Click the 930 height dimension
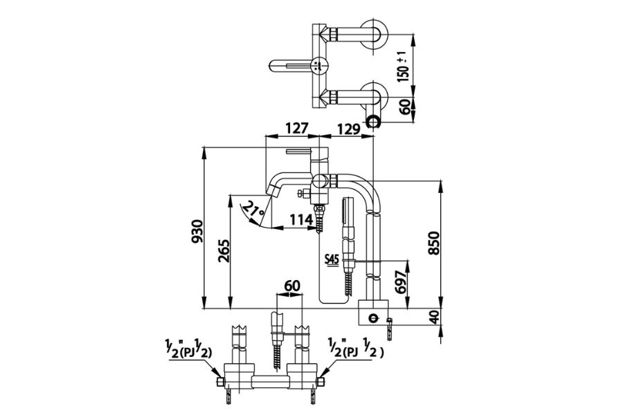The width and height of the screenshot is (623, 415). pos(197,231)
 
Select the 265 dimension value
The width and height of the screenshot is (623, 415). pos(224,250)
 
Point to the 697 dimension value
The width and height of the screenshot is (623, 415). pos(402,282)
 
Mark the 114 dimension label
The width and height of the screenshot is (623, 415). pos(301,220)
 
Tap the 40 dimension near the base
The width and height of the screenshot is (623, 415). pos(435,317)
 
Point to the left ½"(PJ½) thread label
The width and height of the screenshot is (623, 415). pos(188,349)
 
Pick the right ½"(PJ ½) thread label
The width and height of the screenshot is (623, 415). pos(356,349)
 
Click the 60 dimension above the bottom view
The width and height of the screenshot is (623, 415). pos(291,286)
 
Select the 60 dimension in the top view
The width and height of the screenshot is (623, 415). pos(404,107)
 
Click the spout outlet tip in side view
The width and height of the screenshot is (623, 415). pos(273,192)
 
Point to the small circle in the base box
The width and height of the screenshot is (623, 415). pos(372,317)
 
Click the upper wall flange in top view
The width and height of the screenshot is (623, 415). pos(374,35)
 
